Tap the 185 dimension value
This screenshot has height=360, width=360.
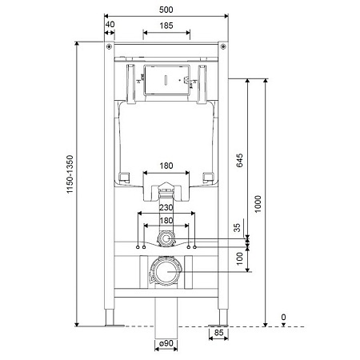coord(166,26)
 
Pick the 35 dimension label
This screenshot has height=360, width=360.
coord(238,228)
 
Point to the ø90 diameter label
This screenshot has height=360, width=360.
coord(166,345)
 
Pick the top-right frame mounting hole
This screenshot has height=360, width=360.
coord(223,49)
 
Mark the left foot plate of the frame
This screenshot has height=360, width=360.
coord(113,325)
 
